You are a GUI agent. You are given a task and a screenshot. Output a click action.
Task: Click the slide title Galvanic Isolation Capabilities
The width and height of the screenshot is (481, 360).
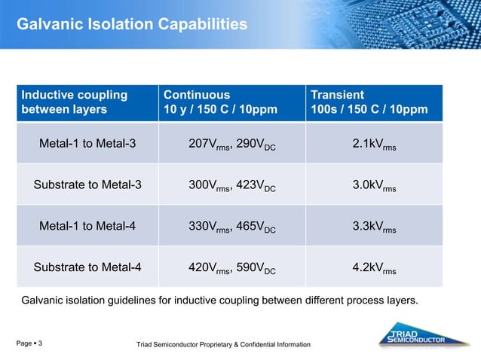tap(132, 25)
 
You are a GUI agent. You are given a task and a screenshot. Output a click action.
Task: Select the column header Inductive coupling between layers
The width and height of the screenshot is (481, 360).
tap(74, 102)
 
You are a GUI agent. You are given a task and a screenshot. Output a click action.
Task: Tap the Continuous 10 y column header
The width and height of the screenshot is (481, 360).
tap(220, 102)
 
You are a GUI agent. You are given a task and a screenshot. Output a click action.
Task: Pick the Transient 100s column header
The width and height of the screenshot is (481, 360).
tap(369, 102)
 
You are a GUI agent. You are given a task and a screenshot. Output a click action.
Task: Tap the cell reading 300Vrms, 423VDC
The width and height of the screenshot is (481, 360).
tap(231, 185)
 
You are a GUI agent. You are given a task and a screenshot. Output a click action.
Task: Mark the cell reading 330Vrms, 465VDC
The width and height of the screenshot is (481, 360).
tap(231, 226)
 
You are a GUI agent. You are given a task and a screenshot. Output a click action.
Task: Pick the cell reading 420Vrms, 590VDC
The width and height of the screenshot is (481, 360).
tap(231, 267)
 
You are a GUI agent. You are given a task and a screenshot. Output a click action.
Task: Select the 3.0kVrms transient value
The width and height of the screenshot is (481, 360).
tap(374, 185)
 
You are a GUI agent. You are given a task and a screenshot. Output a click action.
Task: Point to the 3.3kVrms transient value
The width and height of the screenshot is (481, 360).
tap(374, 226)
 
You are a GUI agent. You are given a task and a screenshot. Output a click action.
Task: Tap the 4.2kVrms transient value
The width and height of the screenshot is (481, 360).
tap(374, 267)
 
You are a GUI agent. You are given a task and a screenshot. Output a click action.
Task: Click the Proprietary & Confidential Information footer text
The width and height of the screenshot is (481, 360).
tap(222, 344)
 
